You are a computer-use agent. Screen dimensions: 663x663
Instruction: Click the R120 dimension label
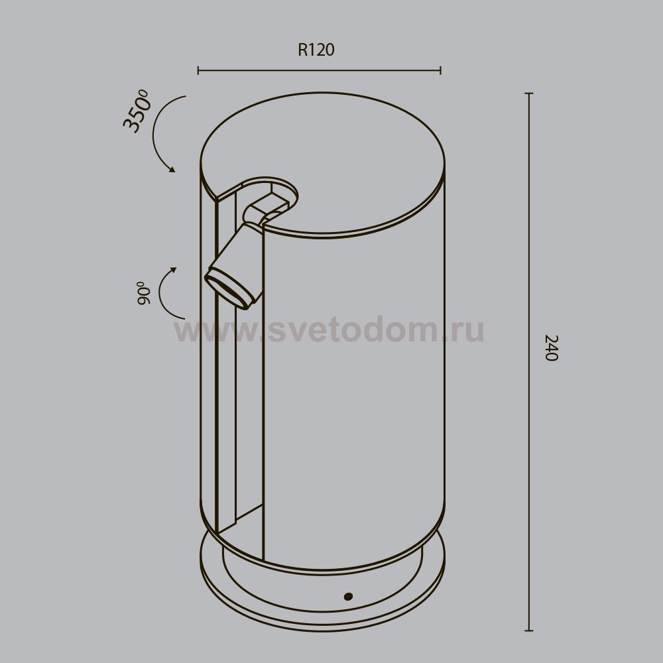click(x=316, y=50)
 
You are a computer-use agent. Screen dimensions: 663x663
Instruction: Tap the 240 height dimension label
click(x=552, y=347)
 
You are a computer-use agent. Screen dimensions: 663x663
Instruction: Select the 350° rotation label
click(x=137, y=111)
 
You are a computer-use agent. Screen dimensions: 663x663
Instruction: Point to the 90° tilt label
click(x=144, y=292)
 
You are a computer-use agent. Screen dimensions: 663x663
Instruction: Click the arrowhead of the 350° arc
click(x=172, y=170)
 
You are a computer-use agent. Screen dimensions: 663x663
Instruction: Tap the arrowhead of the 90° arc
click(x=173, y=270)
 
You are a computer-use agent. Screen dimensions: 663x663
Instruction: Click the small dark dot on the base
click(x=348, y=596)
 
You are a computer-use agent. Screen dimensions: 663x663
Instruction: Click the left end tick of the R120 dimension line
click(x=198, y=71)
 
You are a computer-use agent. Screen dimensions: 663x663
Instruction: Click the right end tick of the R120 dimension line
click(x=441, y=71)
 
